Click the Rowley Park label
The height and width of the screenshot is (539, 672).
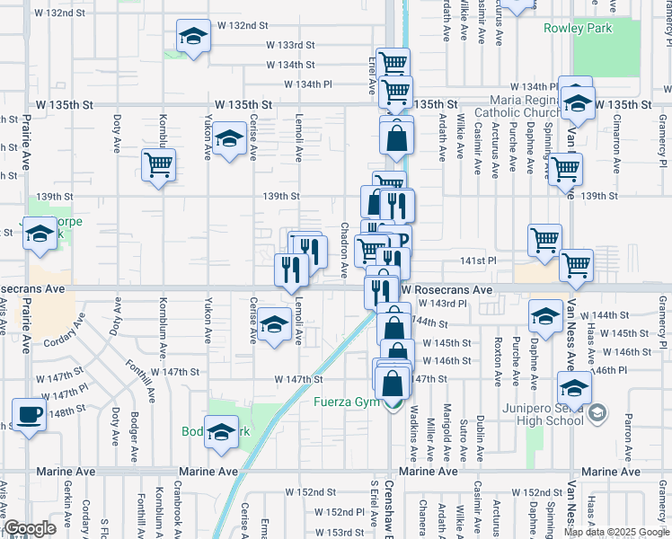tap(578, 28)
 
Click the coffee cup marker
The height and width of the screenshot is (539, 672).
tap(30, 415)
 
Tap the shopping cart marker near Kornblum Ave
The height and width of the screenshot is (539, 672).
tap(158, 164)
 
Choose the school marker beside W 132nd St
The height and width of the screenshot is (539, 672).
tap(191, 37)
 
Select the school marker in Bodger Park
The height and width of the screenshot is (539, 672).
tap(221, 433)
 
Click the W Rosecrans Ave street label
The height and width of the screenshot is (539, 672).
tap(447, 290)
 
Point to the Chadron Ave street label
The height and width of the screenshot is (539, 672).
tap(345, 251)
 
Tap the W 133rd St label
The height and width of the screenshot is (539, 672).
tap(289, 45)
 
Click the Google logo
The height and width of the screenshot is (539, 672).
tap(31, 529)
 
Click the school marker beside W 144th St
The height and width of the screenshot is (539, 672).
tap(545, 315)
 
